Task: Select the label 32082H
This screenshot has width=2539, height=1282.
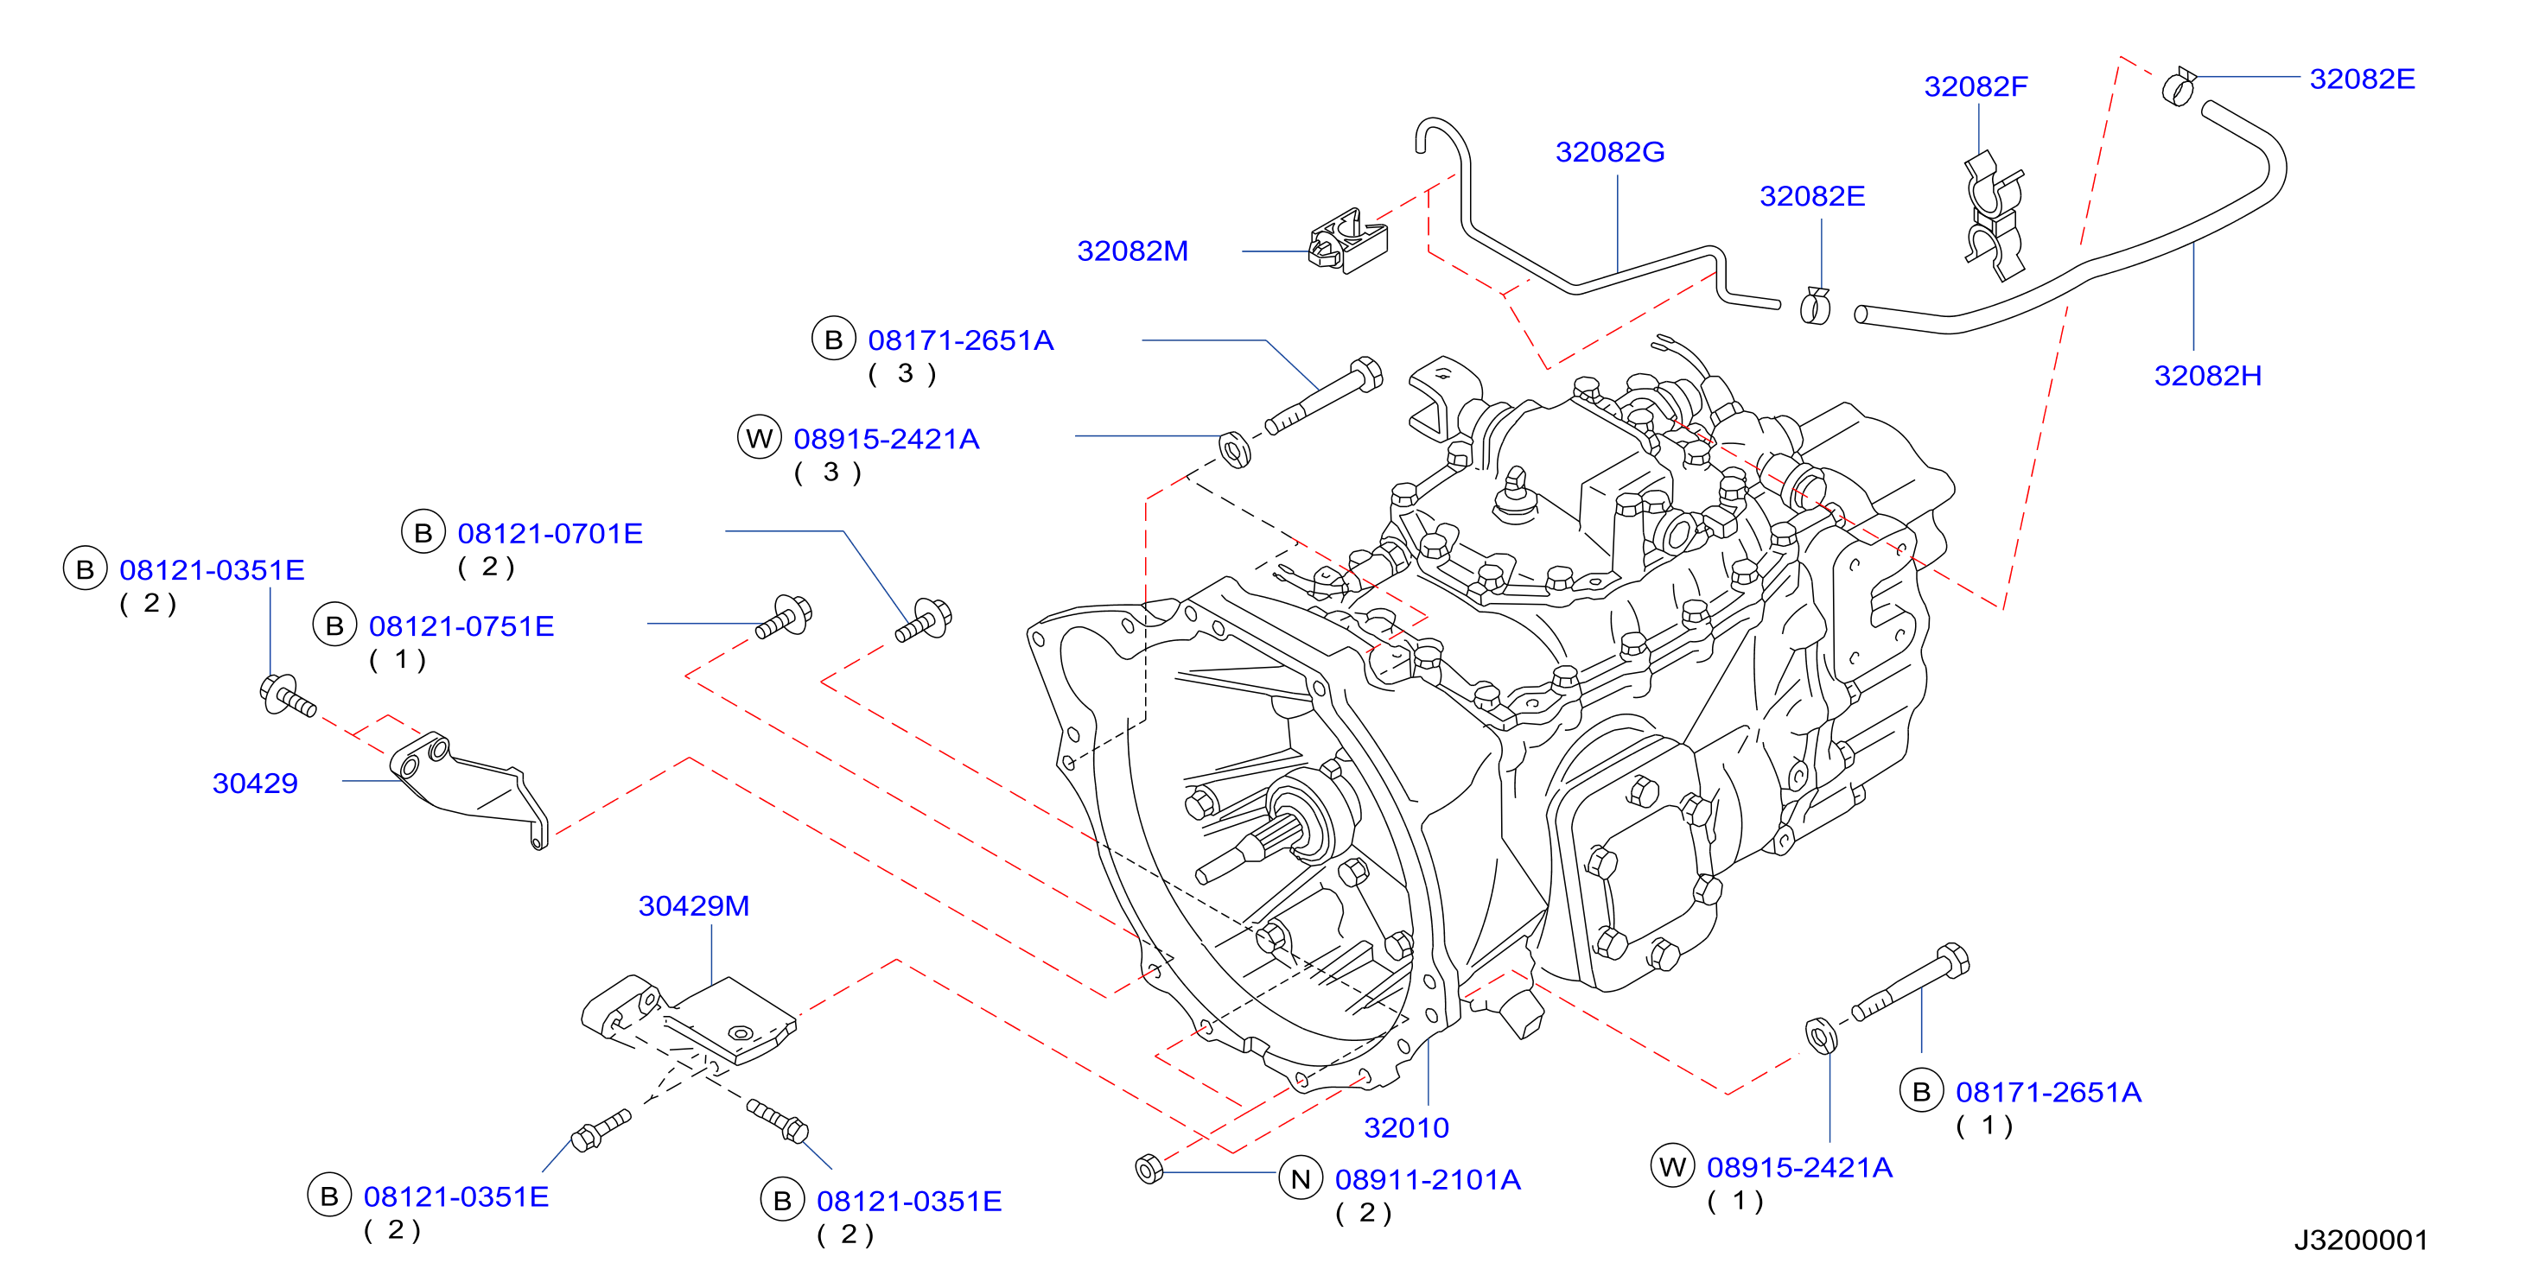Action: point(2208,376)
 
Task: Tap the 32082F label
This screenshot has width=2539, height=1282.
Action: point(1976,86)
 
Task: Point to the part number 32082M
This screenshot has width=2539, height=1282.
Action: point(1132,251)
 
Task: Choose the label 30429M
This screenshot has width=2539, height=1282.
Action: point(694,905)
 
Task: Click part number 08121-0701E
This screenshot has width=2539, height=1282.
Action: point(550,533)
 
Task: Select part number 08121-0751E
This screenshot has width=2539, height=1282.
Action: point(461,625)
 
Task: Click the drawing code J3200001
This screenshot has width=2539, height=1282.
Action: point(2361,1240)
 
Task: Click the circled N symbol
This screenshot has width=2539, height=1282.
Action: point(1300,1178)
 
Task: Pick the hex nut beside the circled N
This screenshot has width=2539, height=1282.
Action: point(1149,1169)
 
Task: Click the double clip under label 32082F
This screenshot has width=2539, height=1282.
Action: point(1993,215)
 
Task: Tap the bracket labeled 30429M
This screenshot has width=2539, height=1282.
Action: point(688,1021)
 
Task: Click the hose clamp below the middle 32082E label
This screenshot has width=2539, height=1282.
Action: point(1815,306)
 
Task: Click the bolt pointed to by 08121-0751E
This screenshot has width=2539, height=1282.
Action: point(784,617)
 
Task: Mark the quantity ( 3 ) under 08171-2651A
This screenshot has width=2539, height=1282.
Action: point(902,373)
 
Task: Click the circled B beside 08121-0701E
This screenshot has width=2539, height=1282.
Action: point(423,533)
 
